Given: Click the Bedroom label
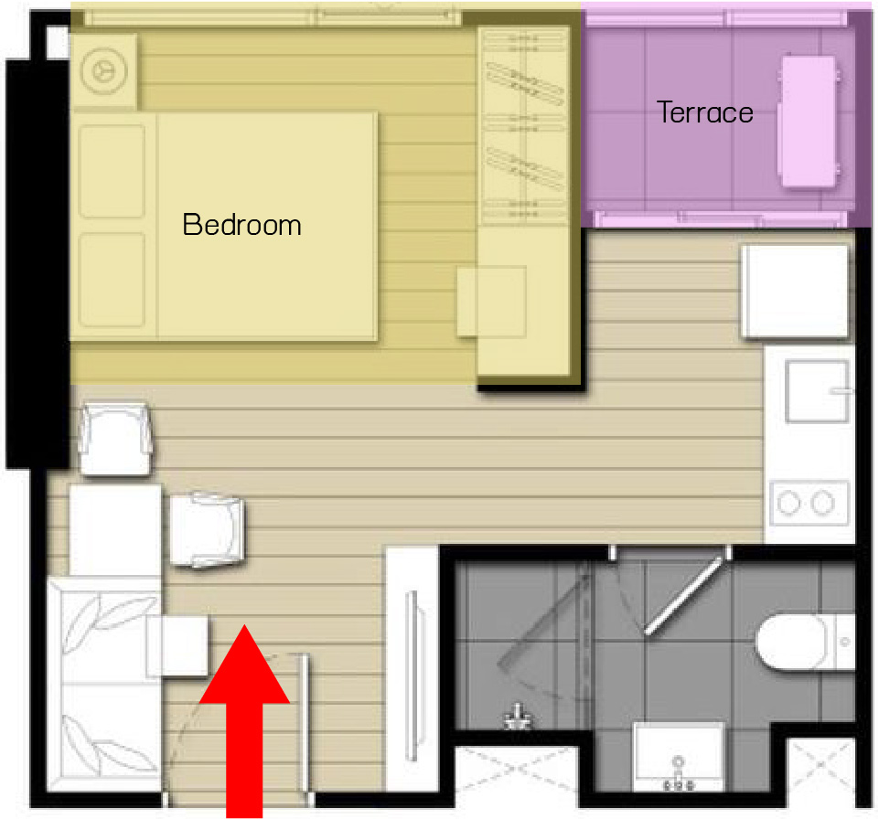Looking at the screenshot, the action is (241, 225).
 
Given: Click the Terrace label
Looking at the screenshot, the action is (704, 112).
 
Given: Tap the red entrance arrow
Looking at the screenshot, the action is (244, 721).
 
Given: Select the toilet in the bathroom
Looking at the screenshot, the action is (806, 643).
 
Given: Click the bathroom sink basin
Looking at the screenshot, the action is (679, 756).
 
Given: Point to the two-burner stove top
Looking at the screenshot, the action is (809, 503).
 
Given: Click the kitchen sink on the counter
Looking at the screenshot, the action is (817, 391).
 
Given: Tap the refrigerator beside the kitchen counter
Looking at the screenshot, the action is (795, 292).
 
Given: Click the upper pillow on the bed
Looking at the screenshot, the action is (113, 171).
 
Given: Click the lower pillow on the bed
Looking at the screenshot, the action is (113, 280).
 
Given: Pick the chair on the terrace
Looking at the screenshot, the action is (808, 121).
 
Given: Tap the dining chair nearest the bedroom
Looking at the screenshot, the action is (115, 439).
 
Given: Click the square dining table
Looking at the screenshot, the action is (115, 530).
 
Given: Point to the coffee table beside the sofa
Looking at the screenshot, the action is (177, 646).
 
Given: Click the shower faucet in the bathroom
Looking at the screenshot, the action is (517, 717).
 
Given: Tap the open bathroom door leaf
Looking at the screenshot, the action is (683, 596).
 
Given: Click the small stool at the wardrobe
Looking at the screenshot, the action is (491, 302).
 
